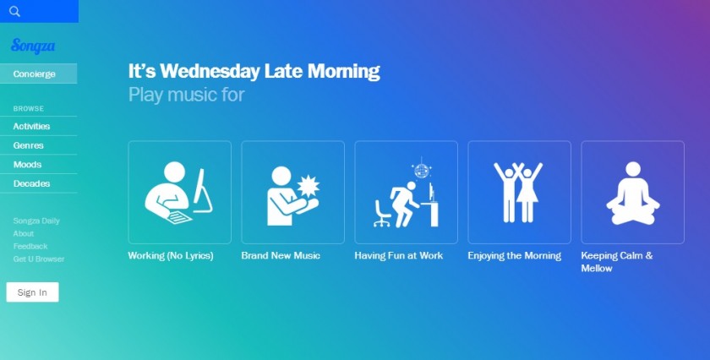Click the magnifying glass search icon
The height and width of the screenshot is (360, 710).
coord(14,11)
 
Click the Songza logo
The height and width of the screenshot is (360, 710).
coord(33,46)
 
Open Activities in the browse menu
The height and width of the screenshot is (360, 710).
coord(32,127)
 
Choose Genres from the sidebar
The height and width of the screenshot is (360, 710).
coord(29,145)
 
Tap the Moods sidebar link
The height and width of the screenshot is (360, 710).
coord(27,165)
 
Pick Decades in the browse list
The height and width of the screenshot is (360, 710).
coord(32,183)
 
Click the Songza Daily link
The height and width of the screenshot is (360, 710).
coord(36,221)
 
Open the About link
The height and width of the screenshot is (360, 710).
coord(24,233)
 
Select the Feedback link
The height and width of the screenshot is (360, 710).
coord(30,247)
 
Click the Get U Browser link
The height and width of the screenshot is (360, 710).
coord(39,259)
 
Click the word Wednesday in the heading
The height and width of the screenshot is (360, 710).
coord(210,72)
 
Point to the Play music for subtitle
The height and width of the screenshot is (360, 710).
coord(187,95)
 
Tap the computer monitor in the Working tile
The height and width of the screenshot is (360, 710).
coord(202,191)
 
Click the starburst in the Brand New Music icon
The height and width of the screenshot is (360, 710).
coord(309,186)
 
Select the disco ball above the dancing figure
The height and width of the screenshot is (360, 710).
coord(422,170)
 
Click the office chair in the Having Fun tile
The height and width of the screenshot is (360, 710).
coord(382,213)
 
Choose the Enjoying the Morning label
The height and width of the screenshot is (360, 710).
coord(515,256)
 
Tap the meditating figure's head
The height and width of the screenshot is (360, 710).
coord(633,169)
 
